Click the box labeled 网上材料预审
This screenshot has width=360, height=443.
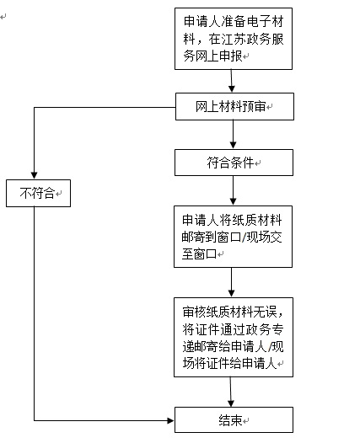pyautogui.click(x=234, y=107)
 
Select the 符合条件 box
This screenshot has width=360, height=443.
pyautogui.click(x=234, y=162)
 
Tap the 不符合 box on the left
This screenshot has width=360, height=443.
pyautogui.click(x=37, y=193)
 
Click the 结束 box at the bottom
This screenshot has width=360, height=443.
pyautogui.click(x=234, y=419)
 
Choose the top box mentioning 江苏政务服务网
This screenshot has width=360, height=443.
pyautogui.click(x=234, y=39)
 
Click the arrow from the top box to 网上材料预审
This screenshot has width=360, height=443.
pyautogui.click(x=233, y=82)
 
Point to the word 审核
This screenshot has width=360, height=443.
pyautogui.click(x=193, y=306)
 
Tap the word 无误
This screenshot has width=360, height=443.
pyautogui.click(x=273, y=306)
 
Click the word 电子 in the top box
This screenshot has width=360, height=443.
pyautogui.click(x=254, y=19)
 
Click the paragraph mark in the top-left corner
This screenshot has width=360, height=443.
pyautogui.click(x=4, y=16)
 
